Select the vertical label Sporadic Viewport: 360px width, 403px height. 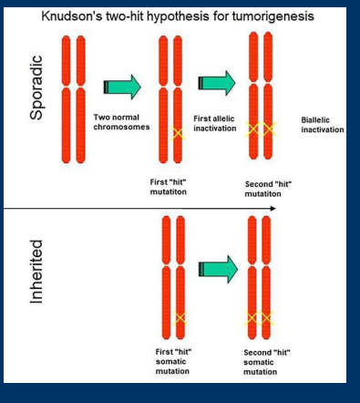click(x=37, y=87)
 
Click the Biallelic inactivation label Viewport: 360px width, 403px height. click(x=323, y=125)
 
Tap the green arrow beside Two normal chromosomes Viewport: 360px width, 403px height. click(x=123, y=87)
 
